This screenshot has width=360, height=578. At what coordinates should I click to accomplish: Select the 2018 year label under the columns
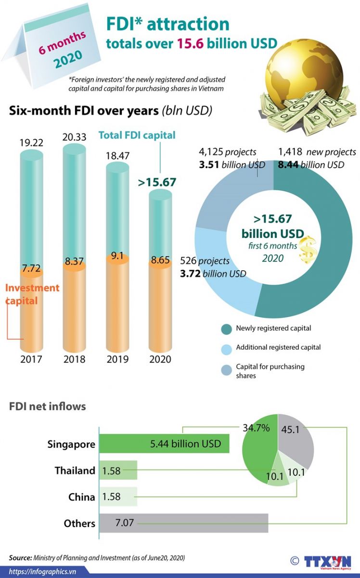[x=74, y=359]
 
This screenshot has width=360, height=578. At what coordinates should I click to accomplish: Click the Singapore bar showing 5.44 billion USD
[x=164, y=443]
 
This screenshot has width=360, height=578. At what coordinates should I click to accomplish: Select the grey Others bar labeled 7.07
[x=183, y=523]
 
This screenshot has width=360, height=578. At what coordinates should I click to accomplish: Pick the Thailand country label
[x=75, y=471]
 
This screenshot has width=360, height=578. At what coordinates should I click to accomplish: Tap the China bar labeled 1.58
[x=118, y=497]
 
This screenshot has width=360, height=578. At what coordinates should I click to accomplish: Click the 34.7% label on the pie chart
[x=257, y=427]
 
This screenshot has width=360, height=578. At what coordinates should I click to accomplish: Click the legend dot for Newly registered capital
[x=226, y=329]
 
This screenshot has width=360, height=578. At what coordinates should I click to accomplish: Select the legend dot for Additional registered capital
[x=226, y=348]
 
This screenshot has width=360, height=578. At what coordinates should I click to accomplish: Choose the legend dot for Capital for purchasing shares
[x=226, y=370]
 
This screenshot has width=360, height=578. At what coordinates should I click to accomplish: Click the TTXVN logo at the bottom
[x=327, y=561]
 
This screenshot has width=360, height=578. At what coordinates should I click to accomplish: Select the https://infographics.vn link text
[x=43, y=572]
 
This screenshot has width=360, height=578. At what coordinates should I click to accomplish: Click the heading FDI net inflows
[x=48, y=407]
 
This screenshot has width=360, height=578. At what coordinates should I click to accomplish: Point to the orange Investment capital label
[x=32, y=294]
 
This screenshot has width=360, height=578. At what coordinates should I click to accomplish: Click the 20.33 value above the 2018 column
[x=74, y=137]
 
